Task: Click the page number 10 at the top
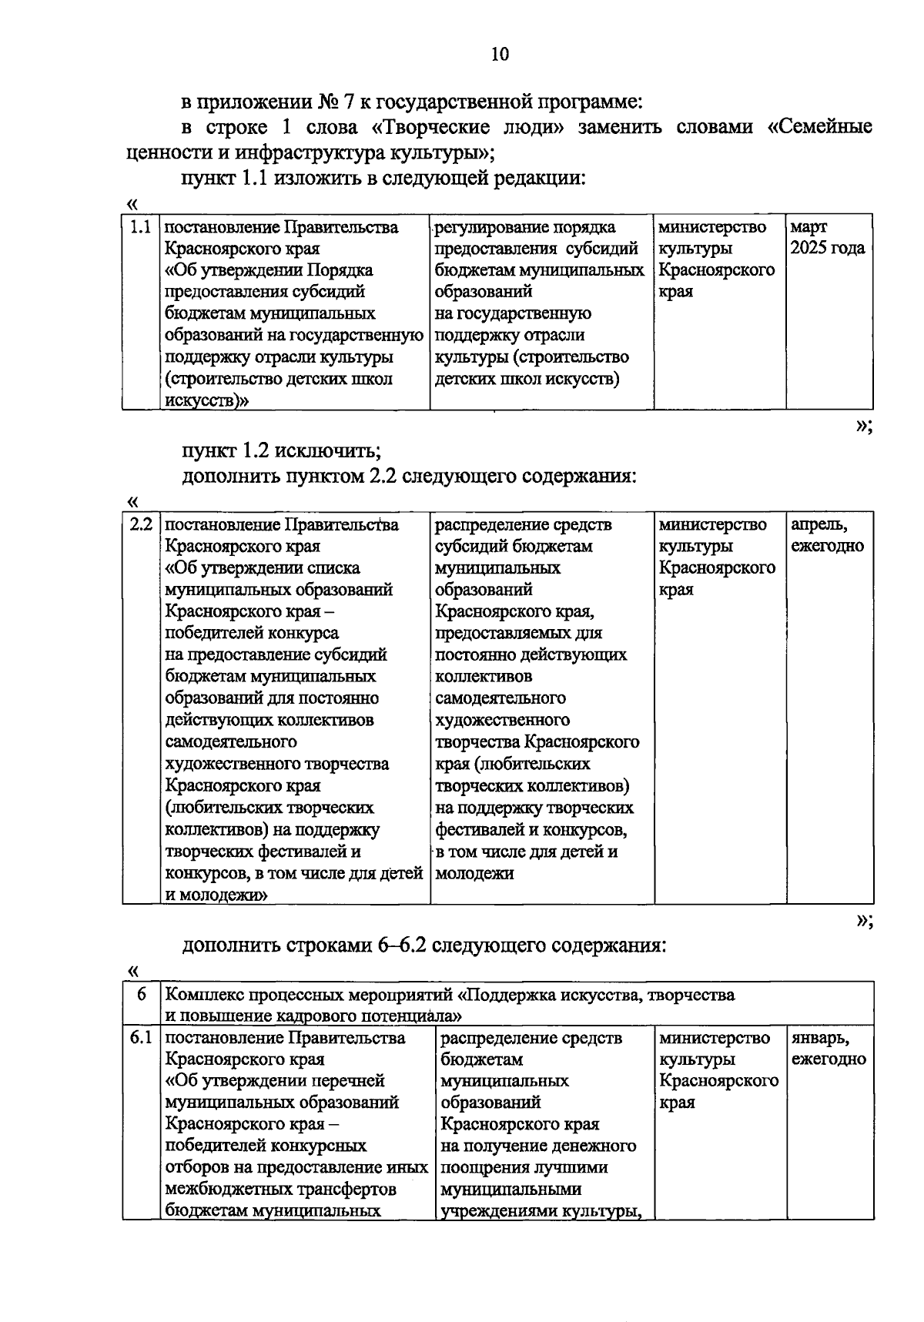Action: point(499,54)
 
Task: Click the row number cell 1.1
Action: point(140,227)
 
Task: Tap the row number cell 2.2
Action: point(141,525)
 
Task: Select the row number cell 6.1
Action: point(141,1038)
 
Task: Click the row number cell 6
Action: point(142,994)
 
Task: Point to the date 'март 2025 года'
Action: point(827,238)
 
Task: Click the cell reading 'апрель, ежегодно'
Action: point(827,535)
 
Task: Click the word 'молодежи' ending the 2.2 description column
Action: point(474,874)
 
